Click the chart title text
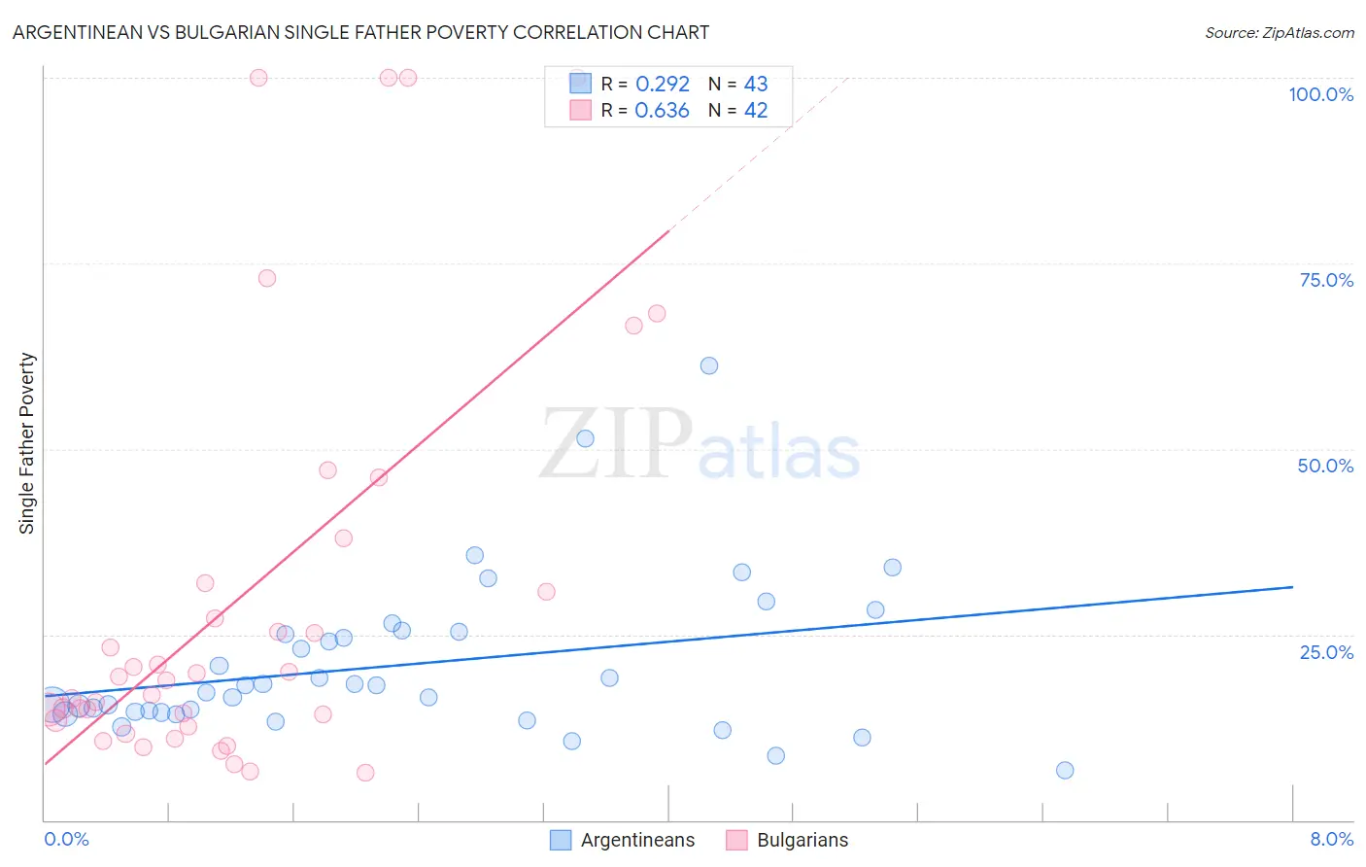pyautogui.click(x=360, y=32)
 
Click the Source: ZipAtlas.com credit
pyautogui.click(x=1279, y=32)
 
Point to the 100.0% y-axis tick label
pyautogui.click(x=1320, y=94)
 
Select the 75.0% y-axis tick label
pyautogui.click(x=1326, y=280)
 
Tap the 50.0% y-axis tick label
pyautogui.click(x=1325, y=466)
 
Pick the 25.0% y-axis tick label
pyautogui.click(x=1326, y=652)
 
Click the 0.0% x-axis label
pyautogui.click(x=66, y=839)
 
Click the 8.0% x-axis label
pyautogui.click(x=1331, y=839)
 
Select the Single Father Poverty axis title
pyautogui.click(x=27, y=443)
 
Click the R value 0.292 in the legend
pyautogui.click(x=663, y=85)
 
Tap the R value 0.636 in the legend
pyautogui.click(x=662, y=111)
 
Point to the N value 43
pyautogui.click(x=756, y=85)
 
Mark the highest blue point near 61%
pyautogui.click(x=709, y=365)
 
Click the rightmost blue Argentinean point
pyautogui.click(x=1065, y=770)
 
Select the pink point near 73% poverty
pyautogui.click(x=267, y=278)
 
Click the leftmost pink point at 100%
pyautogui.click(x=258, y=78)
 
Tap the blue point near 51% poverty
pyautogui.click(x=585, y=438)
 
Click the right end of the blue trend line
pyautogui.click(x=1292, y=587)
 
